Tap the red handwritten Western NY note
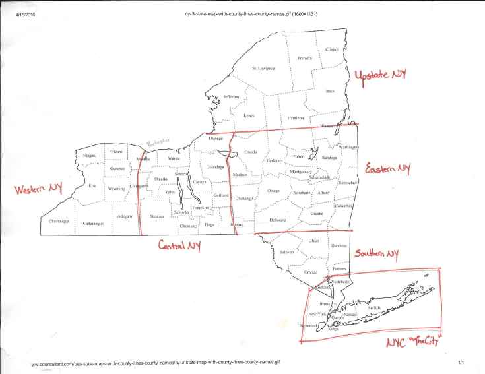click(x=38, y=189)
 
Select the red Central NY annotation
click(x=179, y=245)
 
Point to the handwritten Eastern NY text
click(x=389, y=169)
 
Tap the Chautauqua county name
click(x=59, y=222)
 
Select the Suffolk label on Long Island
click(x=374, y=307)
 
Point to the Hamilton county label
click(x=294, y=117)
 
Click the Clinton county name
click(x=331, y=49)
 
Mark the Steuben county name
click(x=156, y=216)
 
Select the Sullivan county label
click(x=286, y=253)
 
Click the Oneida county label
click(x=250, y=152)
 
